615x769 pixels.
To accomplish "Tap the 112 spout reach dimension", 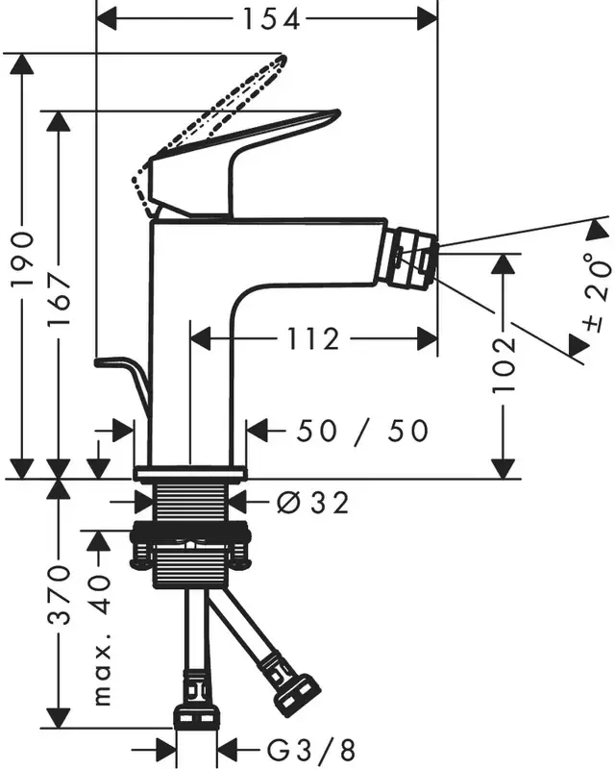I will click(313, 338).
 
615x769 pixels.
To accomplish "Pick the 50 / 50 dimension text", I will click(361, 431).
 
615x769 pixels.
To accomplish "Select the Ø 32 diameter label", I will click(310, 501).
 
